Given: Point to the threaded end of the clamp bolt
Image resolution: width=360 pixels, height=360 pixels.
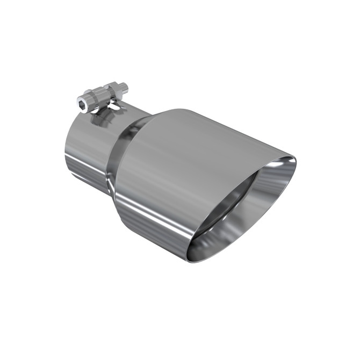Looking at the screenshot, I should click(x=124, y=85).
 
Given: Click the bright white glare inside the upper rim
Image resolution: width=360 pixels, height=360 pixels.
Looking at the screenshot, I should click(x=279, y=164).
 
